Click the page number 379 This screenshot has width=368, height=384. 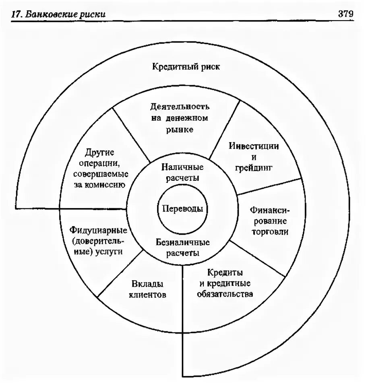coord(345,13)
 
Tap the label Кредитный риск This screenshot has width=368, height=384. coord(186,67)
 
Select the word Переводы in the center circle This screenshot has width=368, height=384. coord(180,209)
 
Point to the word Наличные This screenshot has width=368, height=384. coord(182,167)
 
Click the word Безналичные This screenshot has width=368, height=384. coord(183,243)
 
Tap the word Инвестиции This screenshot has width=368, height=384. coord(254,146)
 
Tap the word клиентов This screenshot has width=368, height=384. coord(147,295)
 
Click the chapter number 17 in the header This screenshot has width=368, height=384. coord(16,14)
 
